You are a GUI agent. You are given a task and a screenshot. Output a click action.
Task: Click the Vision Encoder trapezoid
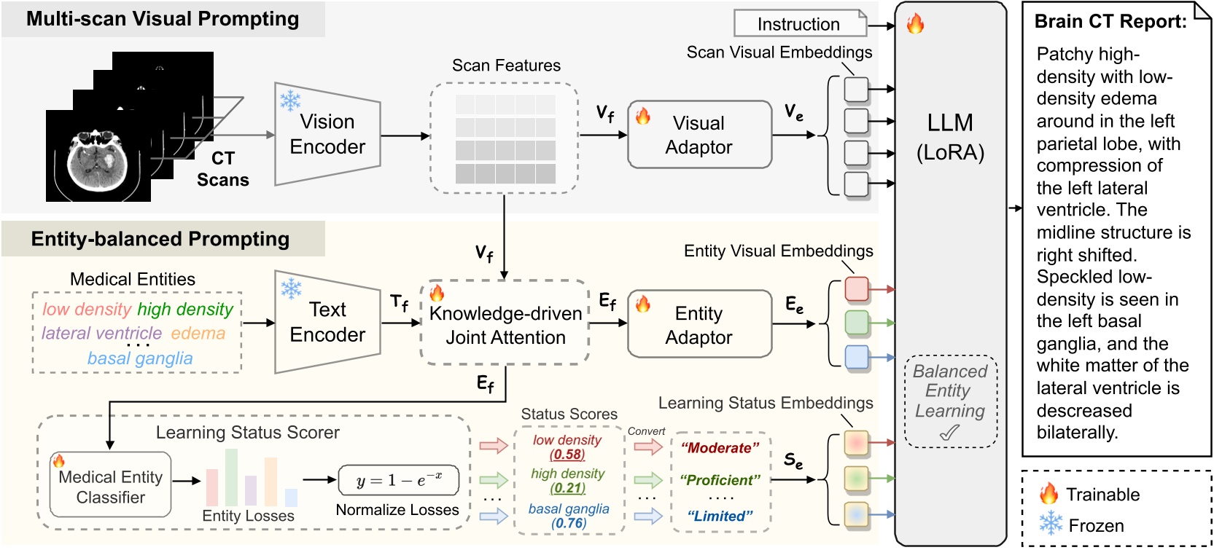coord(327,135)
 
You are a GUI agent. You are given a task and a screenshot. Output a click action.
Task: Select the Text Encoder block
coord(327,322)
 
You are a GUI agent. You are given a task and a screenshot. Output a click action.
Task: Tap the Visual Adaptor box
coord(699,135)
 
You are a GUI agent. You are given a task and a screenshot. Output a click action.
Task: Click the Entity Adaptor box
coord(699,325)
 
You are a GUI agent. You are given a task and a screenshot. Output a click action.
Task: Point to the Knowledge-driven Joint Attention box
coord(505,325)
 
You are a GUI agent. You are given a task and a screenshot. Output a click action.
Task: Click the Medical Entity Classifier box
coord(111,487)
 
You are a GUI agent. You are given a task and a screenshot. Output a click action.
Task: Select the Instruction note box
coord(799,24)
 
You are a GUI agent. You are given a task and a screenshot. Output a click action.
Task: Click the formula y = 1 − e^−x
coord(399,480)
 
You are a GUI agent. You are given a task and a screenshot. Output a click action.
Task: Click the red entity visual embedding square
coord(857,288)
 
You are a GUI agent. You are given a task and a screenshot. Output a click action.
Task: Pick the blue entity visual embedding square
coord(857,357)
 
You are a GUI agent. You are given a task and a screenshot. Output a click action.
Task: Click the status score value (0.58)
coord(567,455)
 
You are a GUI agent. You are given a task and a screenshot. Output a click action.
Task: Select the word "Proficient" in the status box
coord(720,480)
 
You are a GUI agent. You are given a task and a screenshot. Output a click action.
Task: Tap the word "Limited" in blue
coord(720,516)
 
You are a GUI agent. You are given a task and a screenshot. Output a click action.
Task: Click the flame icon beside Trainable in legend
coord(1049,494)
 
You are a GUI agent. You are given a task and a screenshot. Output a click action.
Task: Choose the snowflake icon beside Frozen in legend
coord(1051,524)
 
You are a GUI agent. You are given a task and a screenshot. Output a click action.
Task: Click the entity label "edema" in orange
coord(198,333)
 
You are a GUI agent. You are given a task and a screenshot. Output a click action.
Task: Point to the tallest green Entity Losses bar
coord(231,477)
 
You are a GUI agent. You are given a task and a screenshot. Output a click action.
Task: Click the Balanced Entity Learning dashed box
coord(950,401)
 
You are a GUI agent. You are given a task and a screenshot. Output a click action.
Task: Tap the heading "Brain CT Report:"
coord(1110,22)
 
